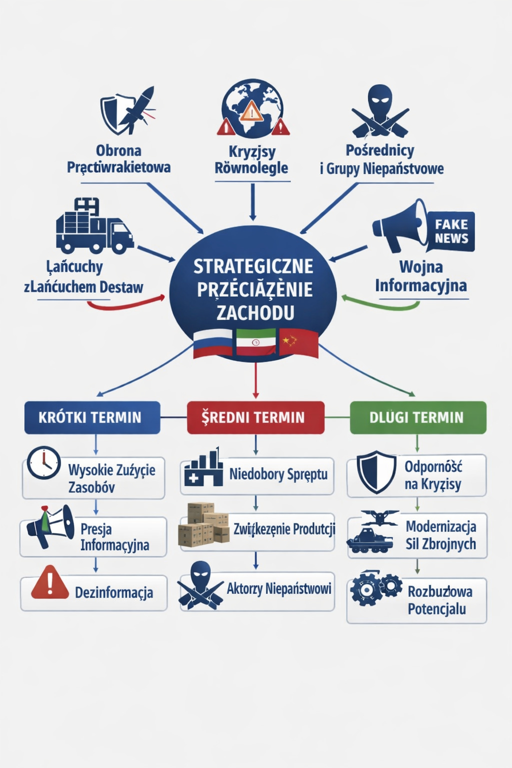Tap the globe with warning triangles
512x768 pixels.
click(252, 110)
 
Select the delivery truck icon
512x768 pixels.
click(94, 227)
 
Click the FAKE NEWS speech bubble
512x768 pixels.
click(451, 231)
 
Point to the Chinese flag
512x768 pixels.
click(298, 342)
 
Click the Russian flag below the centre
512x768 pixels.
click(213, 343)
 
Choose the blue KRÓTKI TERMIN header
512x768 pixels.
click(92, 417)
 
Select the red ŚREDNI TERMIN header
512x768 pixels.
click(255, 417)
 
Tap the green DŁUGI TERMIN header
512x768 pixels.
click(417, 417)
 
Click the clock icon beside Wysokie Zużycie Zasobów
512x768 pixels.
click(43, 463)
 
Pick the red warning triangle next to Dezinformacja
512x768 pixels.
click(50, 583)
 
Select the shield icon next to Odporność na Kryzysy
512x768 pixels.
click(376, 472)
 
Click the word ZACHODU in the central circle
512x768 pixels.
click(255, 313)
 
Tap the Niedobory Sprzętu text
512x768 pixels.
click(278, 474)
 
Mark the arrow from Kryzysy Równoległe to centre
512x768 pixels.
click(252, 202)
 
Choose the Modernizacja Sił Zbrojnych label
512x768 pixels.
click(440, 535)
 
